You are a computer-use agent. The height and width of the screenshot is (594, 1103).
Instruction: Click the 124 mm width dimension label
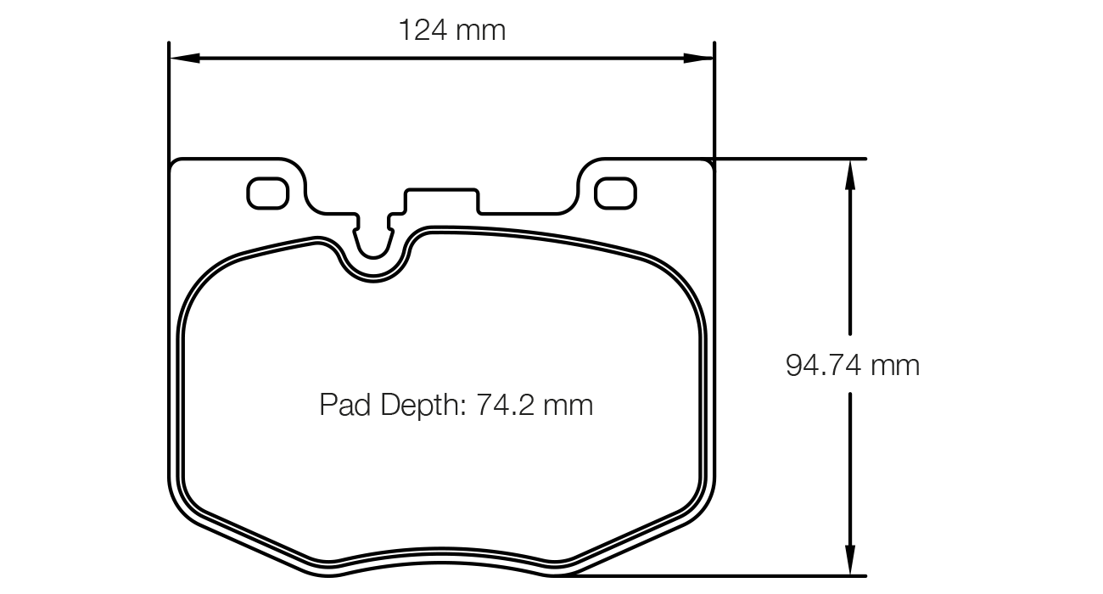[x=451, y=31]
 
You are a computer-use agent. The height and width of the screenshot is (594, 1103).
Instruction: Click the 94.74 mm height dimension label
[x=852, y=365]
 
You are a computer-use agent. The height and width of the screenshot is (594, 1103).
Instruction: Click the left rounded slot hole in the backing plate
[x=267, y=193]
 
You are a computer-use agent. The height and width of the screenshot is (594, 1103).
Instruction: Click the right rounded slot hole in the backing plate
[x=615, y=193]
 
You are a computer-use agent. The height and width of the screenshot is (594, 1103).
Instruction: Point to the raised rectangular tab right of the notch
[x=442, y=200]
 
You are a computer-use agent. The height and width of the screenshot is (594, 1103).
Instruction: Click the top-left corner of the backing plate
[x=175, y=164]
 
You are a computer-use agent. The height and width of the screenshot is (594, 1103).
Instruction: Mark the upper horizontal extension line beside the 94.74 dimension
[x=789, y=159]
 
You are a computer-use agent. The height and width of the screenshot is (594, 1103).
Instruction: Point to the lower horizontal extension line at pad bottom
[x=721, y=576]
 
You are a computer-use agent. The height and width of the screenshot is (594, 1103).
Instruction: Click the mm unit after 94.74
[x=896, y=366]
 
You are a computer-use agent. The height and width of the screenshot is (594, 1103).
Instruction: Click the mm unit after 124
[x=480, y=31]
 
